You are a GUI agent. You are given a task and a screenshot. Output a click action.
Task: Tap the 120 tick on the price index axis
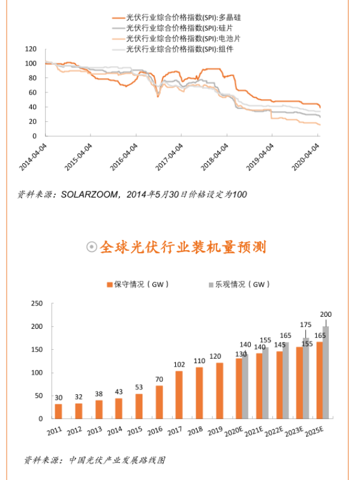(31, 49)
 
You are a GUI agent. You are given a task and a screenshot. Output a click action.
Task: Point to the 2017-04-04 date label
(172, 155)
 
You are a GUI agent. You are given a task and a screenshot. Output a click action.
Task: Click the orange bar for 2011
(58, 412)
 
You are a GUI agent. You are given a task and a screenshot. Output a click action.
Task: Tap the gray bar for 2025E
(326, 373)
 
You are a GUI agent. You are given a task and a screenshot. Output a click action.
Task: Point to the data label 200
(326, 314)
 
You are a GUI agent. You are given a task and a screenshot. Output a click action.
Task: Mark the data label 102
(179, 364)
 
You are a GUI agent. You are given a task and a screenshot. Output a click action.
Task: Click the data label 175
(306, 325)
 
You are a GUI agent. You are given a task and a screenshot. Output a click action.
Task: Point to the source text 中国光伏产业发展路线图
(117, 460)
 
